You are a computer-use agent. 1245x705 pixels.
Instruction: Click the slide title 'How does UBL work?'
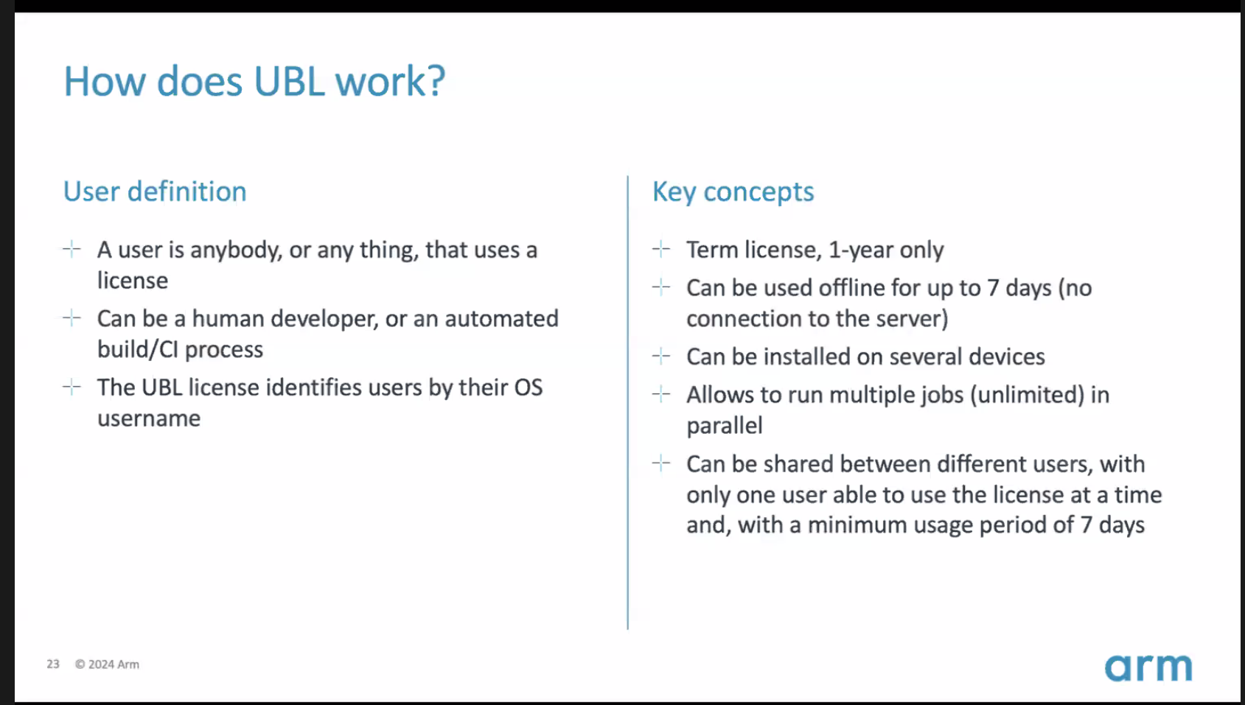pyautogui.click(x=254, y=82)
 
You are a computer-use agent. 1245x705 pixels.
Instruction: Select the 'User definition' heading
pyautogui.click(x=155, y=191)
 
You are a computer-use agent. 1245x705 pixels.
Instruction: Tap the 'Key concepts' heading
pyautogui.click(x=733, y=192)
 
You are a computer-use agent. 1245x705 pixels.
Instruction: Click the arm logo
pyautogui.click(x=1148, y=667)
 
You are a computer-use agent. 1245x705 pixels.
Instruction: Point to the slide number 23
pyautogui.click(x=53, y=664)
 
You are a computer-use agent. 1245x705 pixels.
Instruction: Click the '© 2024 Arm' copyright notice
pyautogui.click(x=108, y=664)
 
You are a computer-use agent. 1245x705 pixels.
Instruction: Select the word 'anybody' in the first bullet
pyautogui.click(x=236, y=250)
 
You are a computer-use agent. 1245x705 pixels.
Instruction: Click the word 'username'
pyautogui.click(x=149, y=418)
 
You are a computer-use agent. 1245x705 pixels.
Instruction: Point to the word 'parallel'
pyautogui.click(x=724, y=426)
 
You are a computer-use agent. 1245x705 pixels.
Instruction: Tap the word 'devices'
pyautogui.click(x=1007, y=357)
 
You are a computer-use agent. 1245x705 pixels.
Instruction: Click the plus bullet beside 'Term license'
pyautogui.click(x=661, y=249)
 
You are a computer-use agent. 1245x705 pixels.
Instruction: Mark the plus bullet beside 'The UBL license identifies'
pyautogui.click(x=72, y=387)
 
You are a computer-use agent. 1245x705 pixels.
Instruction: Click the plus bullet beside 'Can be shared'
pyautogui.click(x=661, y=463)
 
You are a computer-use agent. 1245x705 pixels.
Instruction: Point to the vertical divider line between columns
pyautogui.click(x=627, y=403)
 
